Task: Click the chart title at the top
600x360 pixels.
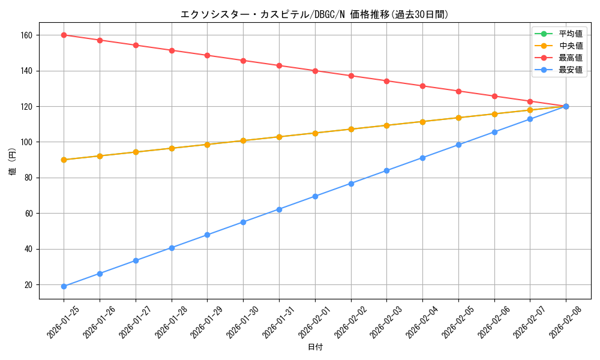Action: click(x=315, y=14)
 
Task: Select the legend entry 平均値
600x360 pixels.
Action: click(x=570, y=33)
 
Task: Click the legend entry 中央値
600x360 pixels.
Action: click(x=570, y=46)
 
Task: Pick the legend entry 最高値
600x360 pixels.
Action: click(x=570, y=58)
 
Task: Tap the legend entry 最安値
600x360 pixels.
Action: click(x=570, y=70)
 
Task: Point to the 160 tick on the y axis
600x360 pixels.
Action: click(x=28, y=35)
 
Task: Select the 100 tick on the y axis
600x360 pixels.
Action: click(x=28, y=142)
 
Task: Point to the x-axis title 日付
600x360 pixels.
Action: click(x=315, y=347)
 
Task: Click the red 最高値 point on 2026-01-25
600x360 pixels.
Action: click(x=64, y=35)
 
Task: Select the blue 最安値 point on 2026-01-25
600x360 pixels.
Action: click(x=64, y=286)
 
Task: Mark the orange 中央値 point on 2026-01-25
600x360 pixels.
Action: click(x=64, y=160)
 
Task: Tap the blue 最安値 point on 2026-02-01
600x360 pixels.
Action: click(x=315, y=196)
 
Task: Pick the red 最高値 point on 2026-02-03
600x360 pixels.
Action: click(x=386, y=81)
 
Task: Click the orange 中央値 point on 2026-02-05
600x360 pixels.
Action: click(x=458, y=118)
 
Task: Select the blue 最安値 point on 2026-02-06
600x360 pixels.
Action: click(x=494, y=132)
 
